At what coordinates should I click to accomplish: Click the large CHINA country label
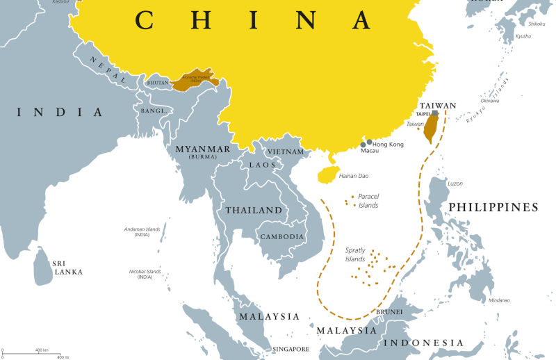254,20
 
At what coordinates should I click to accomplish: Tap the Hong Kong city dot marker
369,142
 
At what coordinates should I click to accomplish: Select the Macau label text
370,151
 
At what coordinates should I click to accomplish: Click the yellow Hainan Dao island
326,174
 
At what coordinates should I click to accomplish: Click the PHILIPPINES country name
493,207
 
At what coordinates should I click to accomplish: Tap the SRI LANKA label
67,268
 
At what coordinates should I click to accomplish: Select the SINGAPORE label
291,348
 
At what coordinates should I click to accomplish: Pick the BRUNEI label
389,312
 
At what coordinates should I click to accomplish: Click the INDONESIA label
425,343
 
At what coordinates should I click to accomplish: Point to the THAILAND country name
254,210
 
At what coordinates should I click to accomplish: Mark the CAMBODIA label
281,236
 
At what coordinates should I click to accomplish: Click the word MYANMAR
202,149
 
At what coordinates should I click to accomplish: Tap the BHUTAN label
159,83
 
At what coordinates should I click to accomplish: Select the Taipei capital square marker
434,113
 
